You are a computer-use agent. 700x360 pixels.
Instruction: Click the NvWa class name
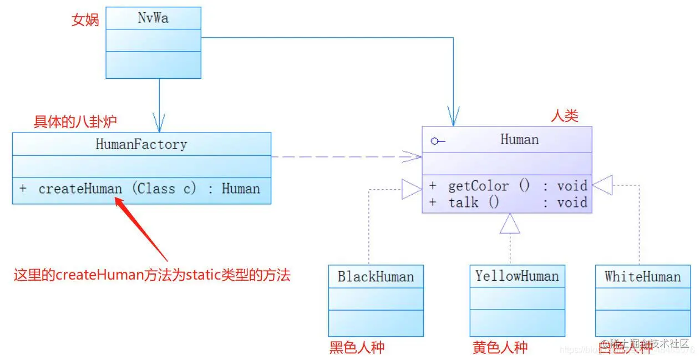[x=153, y=18]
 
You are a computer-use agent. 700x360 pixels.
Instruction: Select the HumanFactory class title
[x=141, y=145]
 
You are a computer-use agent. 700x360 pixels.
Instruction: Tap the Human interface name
[x=519, y=139]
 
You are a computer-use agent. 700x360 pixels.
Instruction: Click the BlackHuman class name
[x=376, y=276]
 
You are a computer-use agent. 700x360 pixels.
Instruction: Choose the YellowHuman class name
[x=517, y=276]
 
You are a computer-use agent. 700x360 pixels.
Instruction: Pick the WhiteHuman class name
[x=642, y=276]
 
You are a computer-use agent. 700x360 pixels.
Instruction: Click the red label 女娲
[x=85, y=21]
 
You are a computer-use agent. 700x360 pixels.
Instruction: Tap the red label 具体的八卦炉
[x=75, y=121]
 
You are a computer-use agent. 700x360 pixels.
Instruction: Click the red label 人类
[x=565, y=115]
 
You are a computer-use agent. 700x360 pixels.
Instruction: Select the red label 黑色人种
[x=357, y=348]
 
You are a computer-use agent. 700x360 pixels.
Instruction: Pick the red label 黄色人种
[x=500, y=348]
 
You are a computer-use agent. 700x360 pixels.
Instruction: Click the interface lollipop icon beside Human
[x=438, y=141]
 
